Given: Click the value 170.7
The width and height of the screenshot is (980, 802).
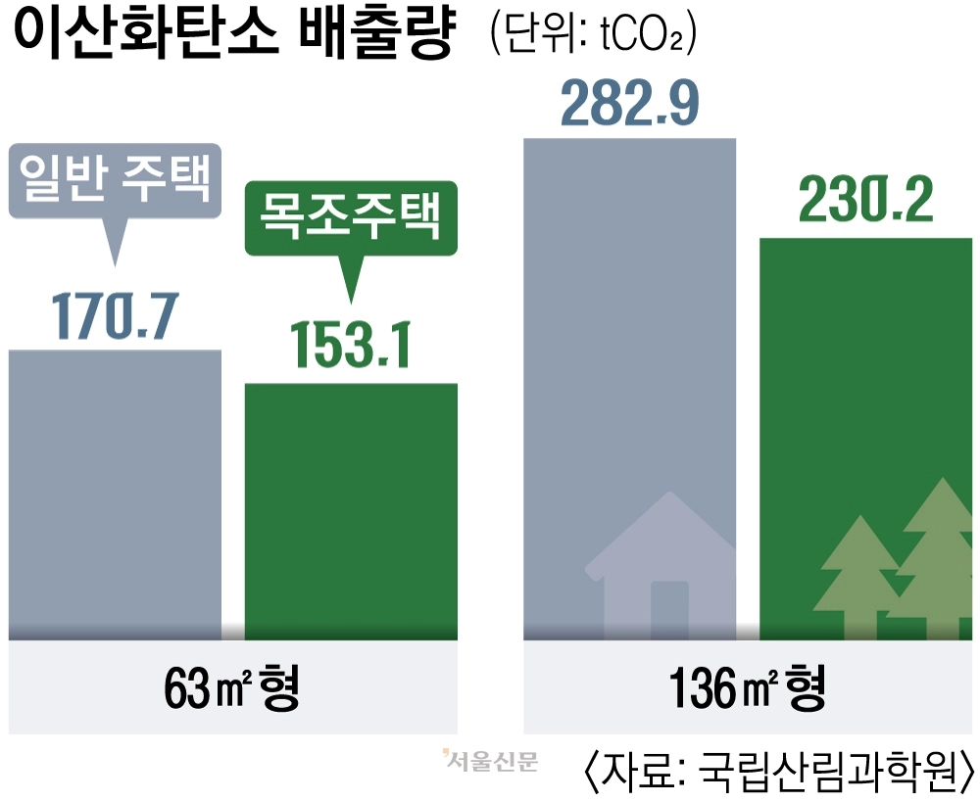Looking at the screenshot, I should [x=115, y=312].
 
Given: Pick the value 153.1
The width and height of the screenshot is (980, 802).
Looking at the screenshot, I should [x=350, y=344].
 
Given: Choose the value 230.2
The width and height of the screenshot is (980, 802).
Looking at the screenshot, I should [x=865, y=202].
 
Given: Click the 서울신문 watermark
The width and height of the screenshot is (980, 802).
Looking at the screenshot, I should [x=490, y=760].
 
